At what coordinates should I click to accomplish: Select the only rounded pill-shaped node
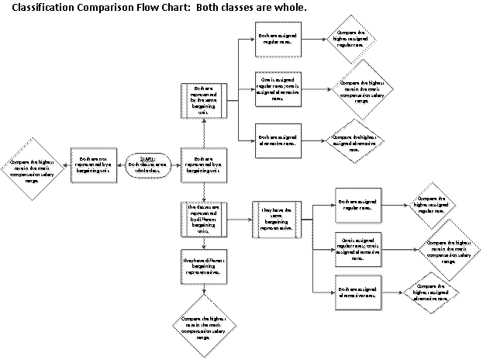click(147, 165)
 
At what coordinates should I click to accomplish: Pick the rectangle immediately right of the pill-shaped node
click(204, 165)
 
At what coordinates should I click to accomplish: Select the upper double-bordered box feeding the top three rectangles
click(204, 101)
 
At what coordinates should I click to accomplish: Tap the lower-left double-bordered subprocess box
click(204, 220)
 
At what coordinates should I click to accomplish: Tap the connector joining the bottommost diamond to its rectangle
click(204, 289)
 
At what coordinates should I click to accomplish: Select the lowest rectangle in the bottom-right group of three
click(357, 293)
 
